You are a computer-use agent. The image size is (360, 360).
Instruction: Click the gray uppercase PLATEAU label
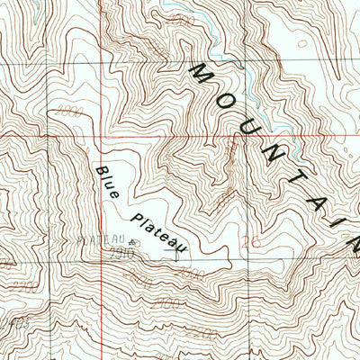pyautogui.click(x=101, y=241)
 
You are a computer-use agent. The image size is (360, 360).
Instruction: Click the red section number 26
pyautogui.click(x=252, y=240)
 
